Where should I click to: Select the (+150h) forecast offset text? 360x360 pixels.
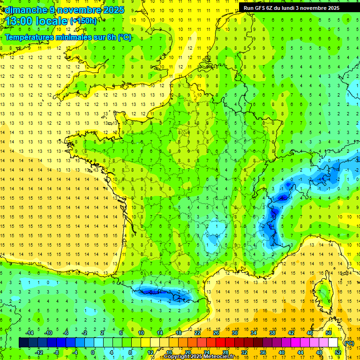[83, 21]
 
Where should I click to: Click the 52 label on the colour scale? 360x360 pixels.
[337, 352]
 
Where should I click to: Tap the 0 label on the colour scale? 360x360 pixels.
[93, 352]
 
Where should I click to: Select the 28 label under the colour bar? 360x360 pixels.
[225, 352]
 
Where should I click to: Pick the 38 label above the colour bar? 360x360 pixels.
[272, 333]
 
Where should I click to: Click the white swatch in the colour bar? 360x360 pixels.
[333, 343]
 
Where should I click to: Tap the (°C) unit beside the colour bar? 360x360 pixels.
[349, 343]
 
